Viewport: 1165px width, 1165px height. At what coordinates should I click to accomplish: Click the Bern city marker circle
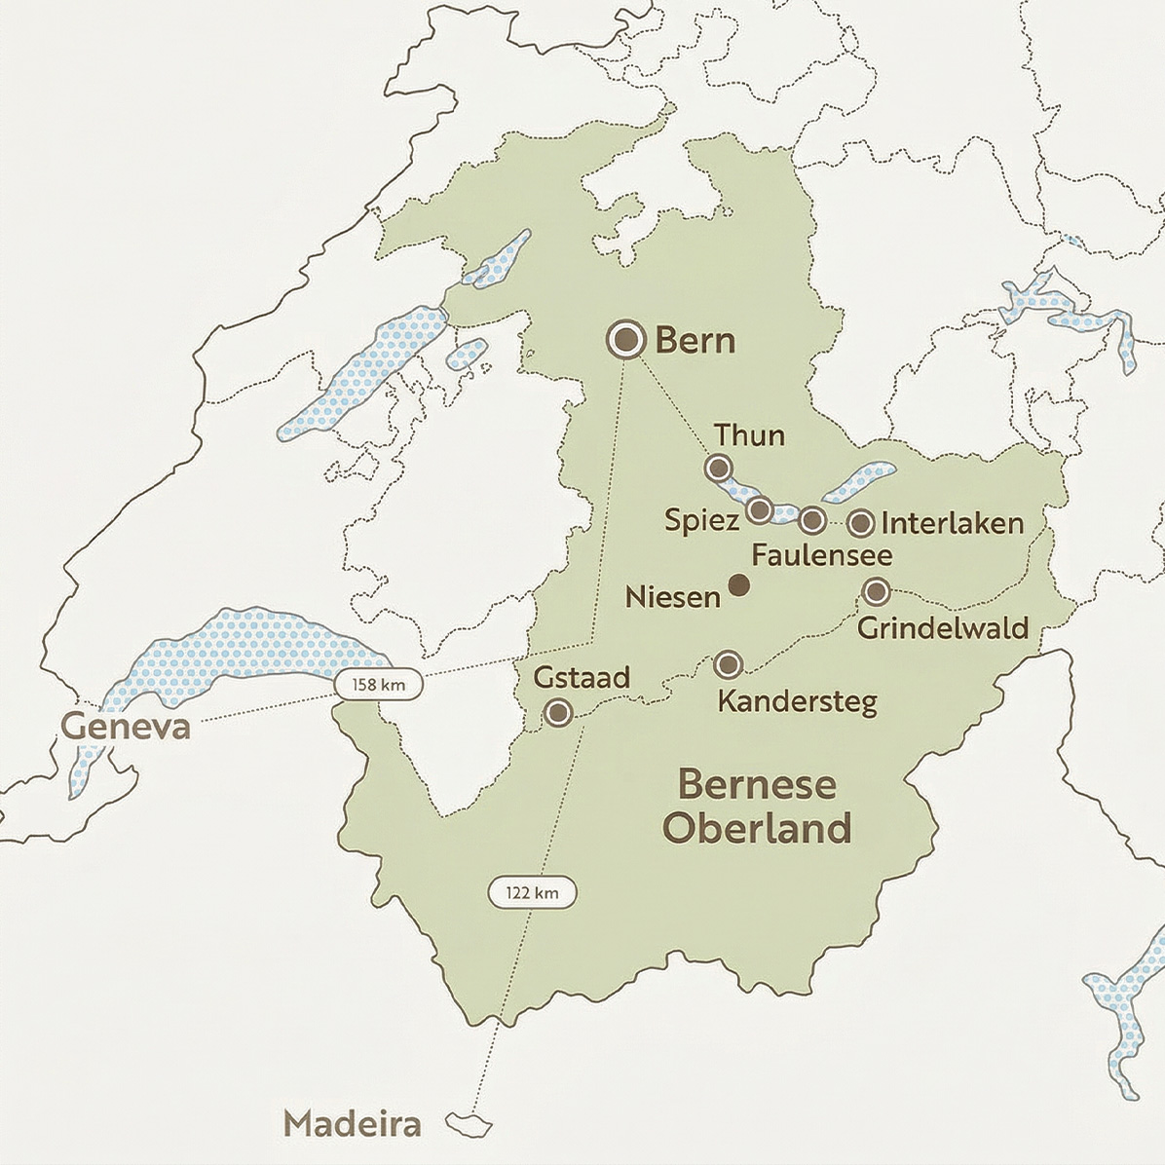click(x=624, y=340)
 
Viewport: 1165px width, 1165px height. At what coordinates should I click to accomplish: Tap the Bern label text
click(x=695, y=341)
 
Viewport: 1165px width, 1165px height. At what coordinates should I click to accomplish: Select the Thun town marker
click(x=719, y=468)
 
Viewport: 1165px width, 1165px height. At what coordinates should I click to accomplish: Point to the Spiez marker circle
click(x=760, y=509)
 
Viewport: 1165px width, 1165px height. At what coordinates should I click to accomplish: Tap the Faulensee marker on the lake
click(x=812, y=520)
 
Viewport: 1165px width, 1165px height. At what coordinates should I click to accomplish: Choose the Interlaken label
click(x=952, y=523)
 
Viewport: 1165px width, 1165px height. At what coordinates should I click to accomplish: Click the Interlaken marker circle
click(x=860, y=523)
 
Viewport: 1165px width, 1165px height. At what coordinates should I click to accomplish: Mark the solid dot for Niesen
click(x=739, y=584)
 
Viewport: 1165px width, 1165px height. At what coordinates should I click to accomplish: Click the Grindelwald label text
click(x=943, y=627)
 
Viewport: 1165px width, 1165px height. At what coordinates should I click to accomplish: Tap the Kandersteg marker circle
click(x=728, y=664)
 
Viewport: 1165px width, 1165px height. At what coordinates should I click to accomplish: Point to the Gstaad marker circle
click(x=557, y=713)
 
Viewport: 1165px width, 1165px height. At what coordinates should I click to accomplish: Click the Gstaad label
click(x=582, y=677)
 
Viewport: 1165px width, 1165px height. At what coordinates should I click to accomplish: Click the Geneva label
click(x=126, y=726)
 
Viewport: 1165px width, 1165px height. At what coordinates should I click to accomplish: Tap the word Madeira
click(x=352, y=1124)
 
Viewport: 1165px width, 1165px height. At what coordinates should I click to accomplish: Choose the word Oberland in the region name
click(x=757, y=829)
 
